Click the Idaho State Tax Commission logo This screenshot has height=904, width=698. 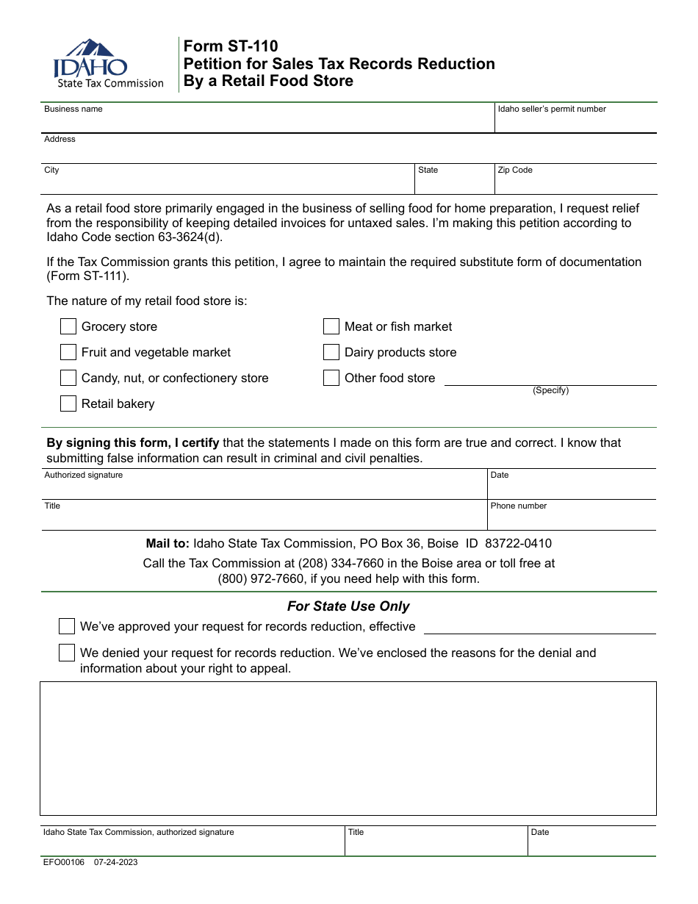[x=107, y=65]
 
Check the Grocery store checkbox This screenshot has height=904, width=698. [x=68, y=326]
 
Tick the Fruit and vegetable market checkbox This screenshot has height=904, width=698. [x=68, y=352]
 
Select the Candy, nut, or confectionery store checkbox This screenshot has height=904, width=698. [x=68, y=378]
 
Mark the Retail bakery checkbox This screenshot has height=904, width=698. [x=68, y=403]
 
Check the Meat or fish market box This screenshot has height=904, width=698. [x=331, y=326]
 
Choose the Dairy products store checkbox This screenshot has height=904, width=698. [x=331, y=352]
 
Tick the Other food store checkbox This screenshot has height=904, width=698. [x=331, y=378]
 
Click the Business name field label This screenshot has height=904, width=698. [x=73, y=110]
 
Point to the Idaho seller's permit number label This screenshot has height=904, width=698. [x=552, y=110]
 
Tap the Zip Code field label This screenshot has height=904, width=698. [x=515, y=171]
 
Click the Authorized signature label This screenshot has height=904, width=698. [x=84, y=476]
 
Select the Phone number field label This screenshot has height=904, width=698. [x=519, y=506]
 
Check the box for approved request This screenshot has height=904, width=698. [x=67, y=626]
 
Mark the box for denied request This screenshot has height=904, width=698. [x=67, y=653]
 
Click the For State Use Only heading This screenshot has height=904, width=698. [x=348, y=606]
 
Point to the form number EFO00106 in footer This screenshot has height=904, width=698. [x=64, y=862]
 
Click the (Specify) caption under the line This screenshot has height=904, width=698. [x=550, y=391]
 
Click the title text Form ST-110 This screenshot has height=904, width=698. [x=231, y=47]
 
